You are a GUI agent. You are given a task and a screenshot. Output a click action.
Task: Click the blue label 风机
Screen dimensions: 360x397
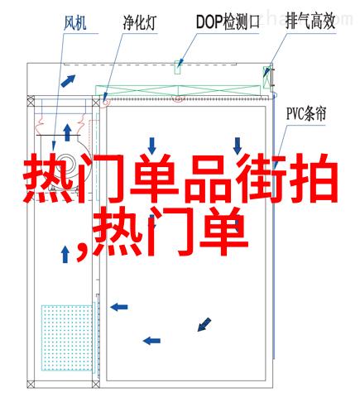[75, 22]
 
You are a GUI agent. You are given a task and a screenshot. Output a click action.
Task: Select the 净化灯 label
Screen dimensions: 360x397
[140, 22]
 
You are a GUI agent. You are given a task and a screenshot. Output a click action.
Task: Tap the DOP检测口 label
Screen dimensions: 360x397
[228, 22]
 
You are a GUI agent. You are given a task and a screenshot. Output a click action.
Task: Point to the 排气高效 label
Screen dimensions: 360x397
[310, 22]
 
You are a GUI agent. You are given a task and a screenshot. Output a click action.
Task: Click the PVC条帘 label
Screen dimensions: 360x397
[306, 113]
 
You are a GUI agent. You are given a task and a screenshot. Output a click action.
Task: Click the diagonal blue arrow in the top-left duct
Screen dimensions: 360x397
[68, 81]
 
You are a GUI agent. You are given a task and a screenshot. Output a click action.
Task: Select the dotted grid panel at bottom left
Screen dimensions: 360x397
[67, 337]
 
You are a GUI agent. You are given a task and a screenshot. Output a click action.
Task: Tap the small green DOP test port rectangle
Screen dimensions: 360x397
[177, 68]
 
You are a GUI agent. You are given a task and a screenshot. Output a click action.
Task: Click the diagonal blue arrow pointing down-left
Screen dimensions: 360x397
[204, 324]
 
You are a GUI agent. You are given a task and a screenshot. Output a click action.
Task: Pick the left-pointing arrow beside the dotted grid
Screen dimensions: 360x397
[119, 307]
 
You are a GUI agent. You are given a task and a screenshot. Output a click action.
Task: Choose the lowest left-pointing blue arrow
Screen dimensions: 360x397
[151, 341]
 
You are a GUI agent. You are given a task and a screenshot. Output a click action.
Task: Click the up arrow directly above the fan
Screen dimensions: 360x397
[67, 132]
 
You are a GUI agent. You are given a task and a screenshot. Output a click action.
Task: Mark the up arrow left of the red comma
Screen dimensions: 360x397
[65, 254]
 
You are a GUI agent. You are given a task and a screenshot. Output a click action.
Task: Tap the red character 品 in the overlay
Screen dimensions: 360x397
[206, 179]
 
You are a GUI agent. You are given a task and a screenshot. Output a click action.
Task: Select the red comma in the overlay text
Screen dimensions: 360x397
[83, 251]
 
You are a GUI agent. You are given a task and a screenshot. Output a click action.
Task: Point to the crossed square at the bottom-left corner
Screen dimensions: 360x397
[31, 384]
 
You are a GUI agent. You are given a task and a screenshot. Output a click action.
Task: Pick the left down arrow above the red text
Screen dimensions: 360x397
[152, 146]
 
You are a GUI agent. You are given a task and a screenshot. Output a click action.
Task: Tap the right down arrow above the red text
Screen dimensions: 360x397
[238, 146]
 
